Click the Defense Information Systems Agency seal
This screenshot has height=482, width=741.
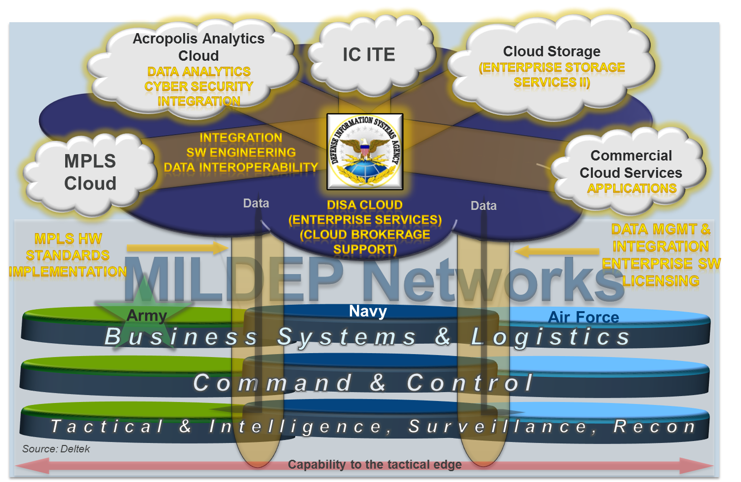(x=365, y=152)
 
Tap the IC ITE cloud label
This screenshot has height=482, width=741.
(x=369, y=54)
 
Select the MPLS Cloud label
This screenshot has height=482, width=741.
(x=90, y=172)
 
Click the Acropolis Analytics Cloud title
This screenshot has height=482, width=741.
(x=198, y=46)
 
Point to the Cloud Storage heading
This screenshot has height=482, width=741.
(x=551, y=51)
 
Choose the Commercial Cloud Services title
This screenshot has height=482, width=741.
(x=631, y=164)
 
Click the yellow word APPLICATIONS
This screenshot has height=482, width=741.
(x=632, y=189)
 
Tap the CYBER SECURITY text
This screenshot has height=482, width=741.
(x=198, y=86)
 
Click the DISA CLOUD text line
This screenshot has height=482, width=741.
(x=365, y=205)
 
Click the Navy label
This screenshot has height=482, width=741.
(x=368, y=311)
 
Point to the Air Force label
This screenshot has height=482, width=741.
(x=584, y=317)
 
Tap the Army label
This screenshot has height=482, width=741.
(x=147, y=315)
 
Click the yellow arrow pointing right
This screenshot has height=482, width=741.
(x=178, y=248)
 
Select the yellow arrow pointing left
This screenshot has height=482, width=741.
(x=557, y=251)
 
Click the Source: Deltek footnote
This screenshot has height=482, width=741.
(x=56, y=449)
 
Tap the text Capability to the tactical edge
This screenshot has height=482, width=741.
(x=375, y=465)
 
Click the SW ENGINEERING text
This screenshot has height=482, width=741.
(x=241, y=153)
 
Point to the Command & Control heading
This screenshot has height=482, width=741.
(x=363, y=383)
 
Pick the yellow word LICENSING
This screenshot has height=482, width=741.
(x=661, y=281)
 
